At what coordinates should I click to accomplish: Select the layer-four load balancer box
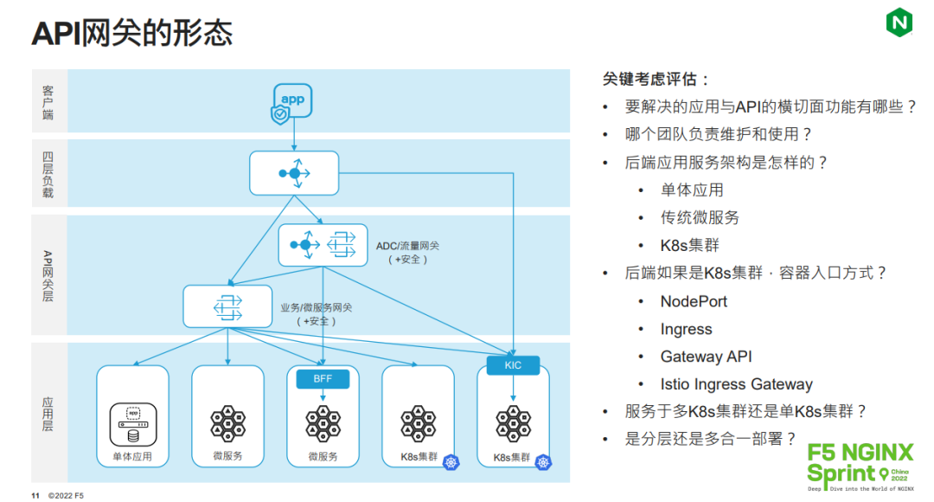(x=294, y=173)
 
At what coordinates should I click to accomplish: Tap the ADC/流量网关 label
(x=407, y=246)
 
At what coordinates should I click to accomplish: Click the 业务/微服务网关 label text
(x=316, y=307)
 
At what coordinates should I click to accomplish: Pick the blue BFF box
(x=323, y=378)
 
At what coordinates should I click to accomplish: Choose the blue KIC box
(x=513, y=365)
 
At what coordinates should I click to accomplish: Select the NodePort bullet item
(x=694, y=301)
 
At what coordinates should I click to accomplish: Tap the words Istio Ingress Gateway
(x=736, y=384)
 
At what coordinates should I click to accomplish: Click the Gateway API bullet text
(x=706, y=357)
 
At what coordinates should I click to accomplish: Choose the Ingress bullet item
(x=686, y=329)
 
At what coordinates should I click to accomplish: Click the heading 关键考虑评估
(x=656, y=80)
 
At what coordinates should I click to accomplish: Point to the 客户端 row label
(x=48, y=102)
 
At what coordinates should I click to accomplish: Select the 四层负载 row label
(x=48, y=173)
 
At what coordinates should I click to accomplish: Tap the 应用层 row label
(x=48, y=414)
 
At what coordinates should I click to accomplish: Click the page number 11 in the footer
(x=35, y=496)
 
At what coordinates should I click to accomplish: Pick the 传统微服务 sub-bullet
(x=700, y=217)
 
